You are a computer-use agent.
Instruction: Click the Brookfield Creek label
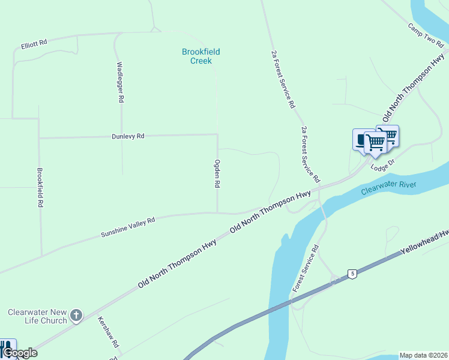click(197, 56)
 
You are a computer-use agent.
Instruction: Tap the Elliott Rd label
click(34, 44)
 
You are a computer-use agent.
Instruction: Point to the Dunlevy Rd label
click(128, 136)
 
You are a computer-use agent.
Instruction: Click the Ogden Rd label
click(217, 174)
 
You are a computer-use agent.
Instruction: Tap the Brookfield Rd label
click(40, 187)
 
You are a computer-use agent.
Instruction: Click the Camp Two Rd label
click(425, 35)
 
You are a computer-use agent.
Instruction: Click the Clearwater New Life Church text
click(37, 316)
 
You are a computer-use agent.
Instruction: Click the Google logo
click(20, 353)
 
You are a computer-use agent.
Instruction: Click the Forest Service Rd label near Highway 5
click(306, 269)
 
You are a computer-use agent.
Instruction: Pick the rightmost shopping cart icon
click(388, 134)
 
